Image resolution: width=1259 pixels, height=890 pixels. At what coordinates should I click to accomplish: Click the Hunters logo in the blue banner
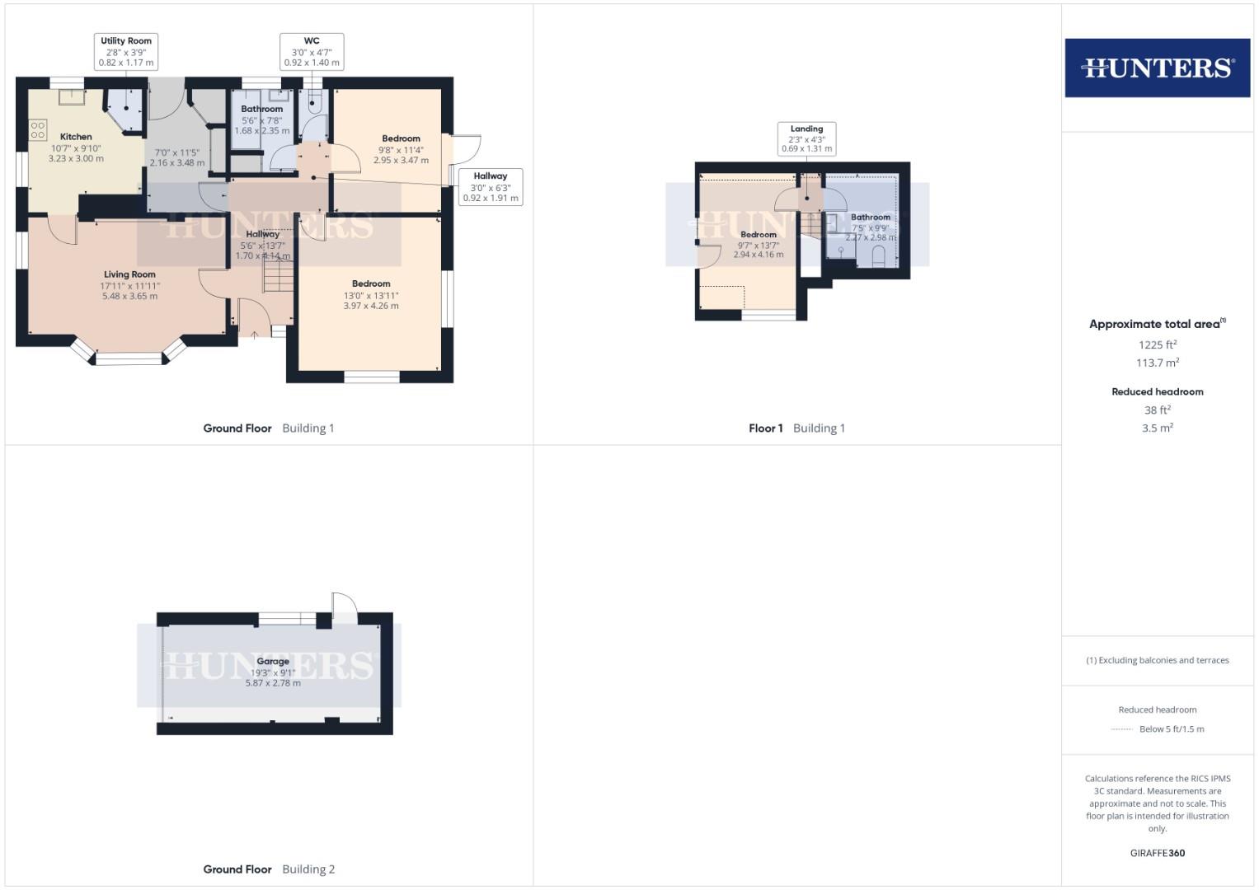tap(1157, 68)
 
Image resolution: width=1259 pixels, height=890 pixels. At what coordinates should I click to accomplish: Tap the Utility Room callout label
tap(126, 51)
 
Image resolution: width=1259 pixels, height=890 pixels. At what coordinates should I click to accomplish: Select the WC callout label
tap(312, 51)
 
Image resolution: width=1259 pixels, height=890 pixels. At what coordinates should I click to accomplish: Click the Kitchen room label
tap(76, 137)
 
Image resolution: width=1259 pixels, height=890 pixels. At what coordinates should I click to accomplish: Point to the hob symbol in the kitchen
tap(38, 129)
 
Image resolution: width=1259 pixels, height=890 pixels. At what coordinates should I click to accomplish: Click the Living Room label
tap(129, 274)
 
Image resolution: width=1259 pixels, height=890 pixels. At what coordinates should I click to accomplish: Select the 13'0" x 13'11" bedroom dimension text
tap(371, 295)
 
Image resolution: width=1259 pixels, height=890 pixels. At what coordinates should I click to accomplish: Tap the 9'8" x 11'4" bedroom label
tap(401, 138)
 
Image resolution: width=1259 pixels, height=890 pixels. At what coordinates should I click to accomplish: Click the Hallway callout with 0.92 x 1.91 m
tap(491, 187)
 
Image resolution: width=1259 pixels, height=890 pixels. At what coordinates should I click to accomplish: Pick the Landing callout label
tap(806, 138)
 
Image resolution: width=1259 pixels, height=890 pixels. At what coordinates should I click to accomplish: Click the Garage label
tap(273, 661)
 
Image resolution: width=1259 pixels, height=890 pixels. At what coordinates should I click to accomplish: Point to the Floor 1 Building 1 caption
tap(796, 428)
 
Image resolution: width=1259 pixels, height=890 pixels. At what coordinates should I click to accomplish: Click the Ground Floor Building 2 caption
tap(269, 869)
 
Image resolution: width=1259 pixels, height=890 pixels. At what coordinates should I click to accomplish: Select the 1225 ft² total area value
tap(1157, 344)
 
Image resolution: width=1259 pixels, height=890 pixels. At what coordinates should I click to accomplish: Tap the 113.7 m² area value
tap(1157, 363)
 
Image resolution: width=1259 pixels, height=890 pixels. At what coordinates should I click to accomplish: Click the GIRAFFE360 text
tap(1157, 853)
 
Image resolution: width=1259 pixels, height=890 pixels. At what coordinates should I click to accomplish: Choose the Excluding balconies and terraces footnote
tap(1157, 660)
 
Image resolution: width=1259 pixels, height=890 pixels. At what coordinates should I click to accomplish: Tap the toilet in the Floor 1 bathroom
tap(877, 258)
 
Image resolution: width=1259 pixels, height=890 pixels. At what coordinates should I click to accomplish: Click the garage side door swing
tap(345, 607)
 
